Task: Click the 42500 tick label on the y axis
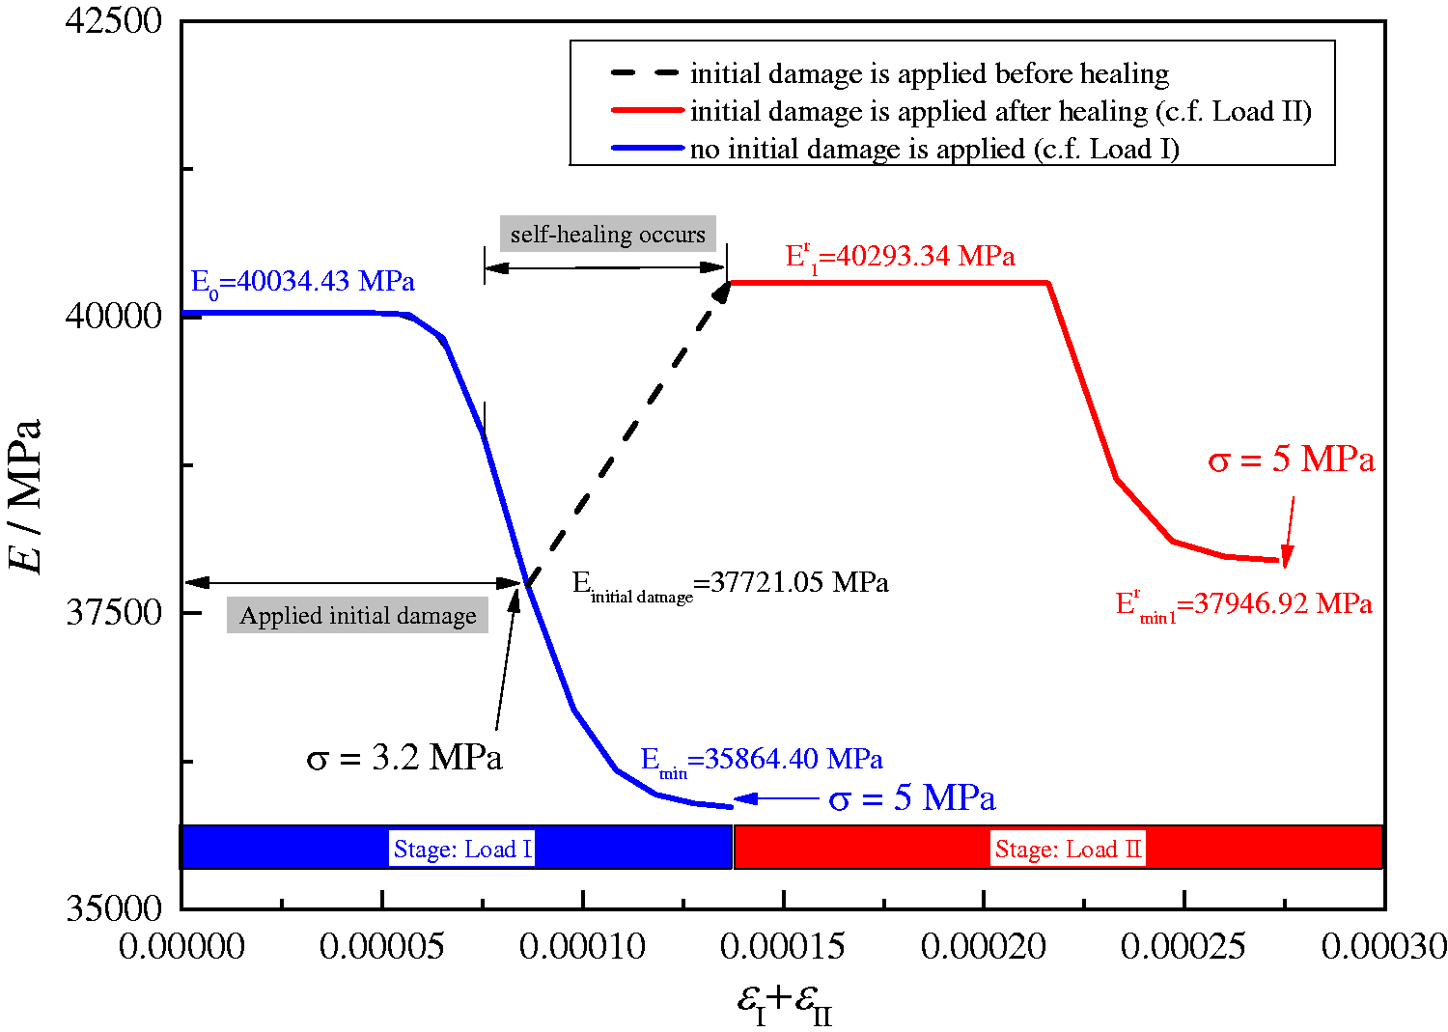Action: coord(113,21)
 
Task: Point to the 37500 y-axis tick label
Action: coord(113,612)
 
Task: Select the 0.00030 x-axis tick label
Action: coord(1383,947)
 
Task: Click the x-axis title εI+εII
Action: coord(784,1004)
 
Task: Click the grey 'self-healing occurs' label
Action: coord(607,234)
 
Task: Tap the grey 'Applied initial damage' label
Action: coord(357,615)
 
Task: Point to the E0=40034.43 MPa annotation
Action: coord(302,283)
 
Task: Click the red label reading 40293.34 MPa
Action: coord(900,258)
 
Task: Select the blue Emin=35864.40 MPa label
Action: coord(762,761)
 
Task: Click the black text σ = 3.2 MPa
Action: coord(404,757)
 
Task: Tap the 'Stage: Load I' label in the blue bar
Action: coord(462,849)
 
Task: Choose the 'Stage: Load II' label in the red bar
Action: coord(1069,849)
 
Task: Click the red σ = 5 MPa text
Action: coord(1292,460)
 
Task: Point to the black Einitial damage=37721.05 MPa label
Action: coord(731,586)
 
